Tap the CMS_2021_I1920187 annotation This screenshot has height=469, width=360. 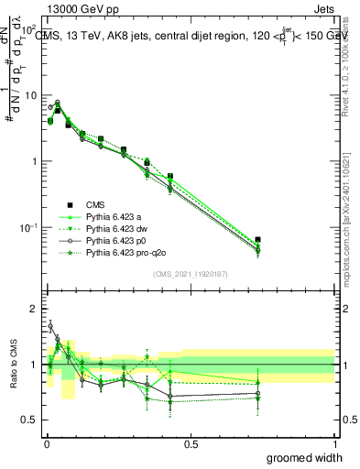[190, 274]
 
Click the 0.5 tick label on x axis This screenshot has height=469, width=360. [191, 443]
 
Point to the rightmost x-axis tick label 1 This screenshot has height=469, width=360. [334, 443]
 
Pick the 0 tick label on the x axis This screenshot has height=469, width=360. [47, 443]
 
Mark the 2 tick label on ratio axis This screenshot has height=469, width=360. [32, 309]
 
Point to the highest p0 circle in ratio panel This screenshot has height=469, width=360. [50, 325]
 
